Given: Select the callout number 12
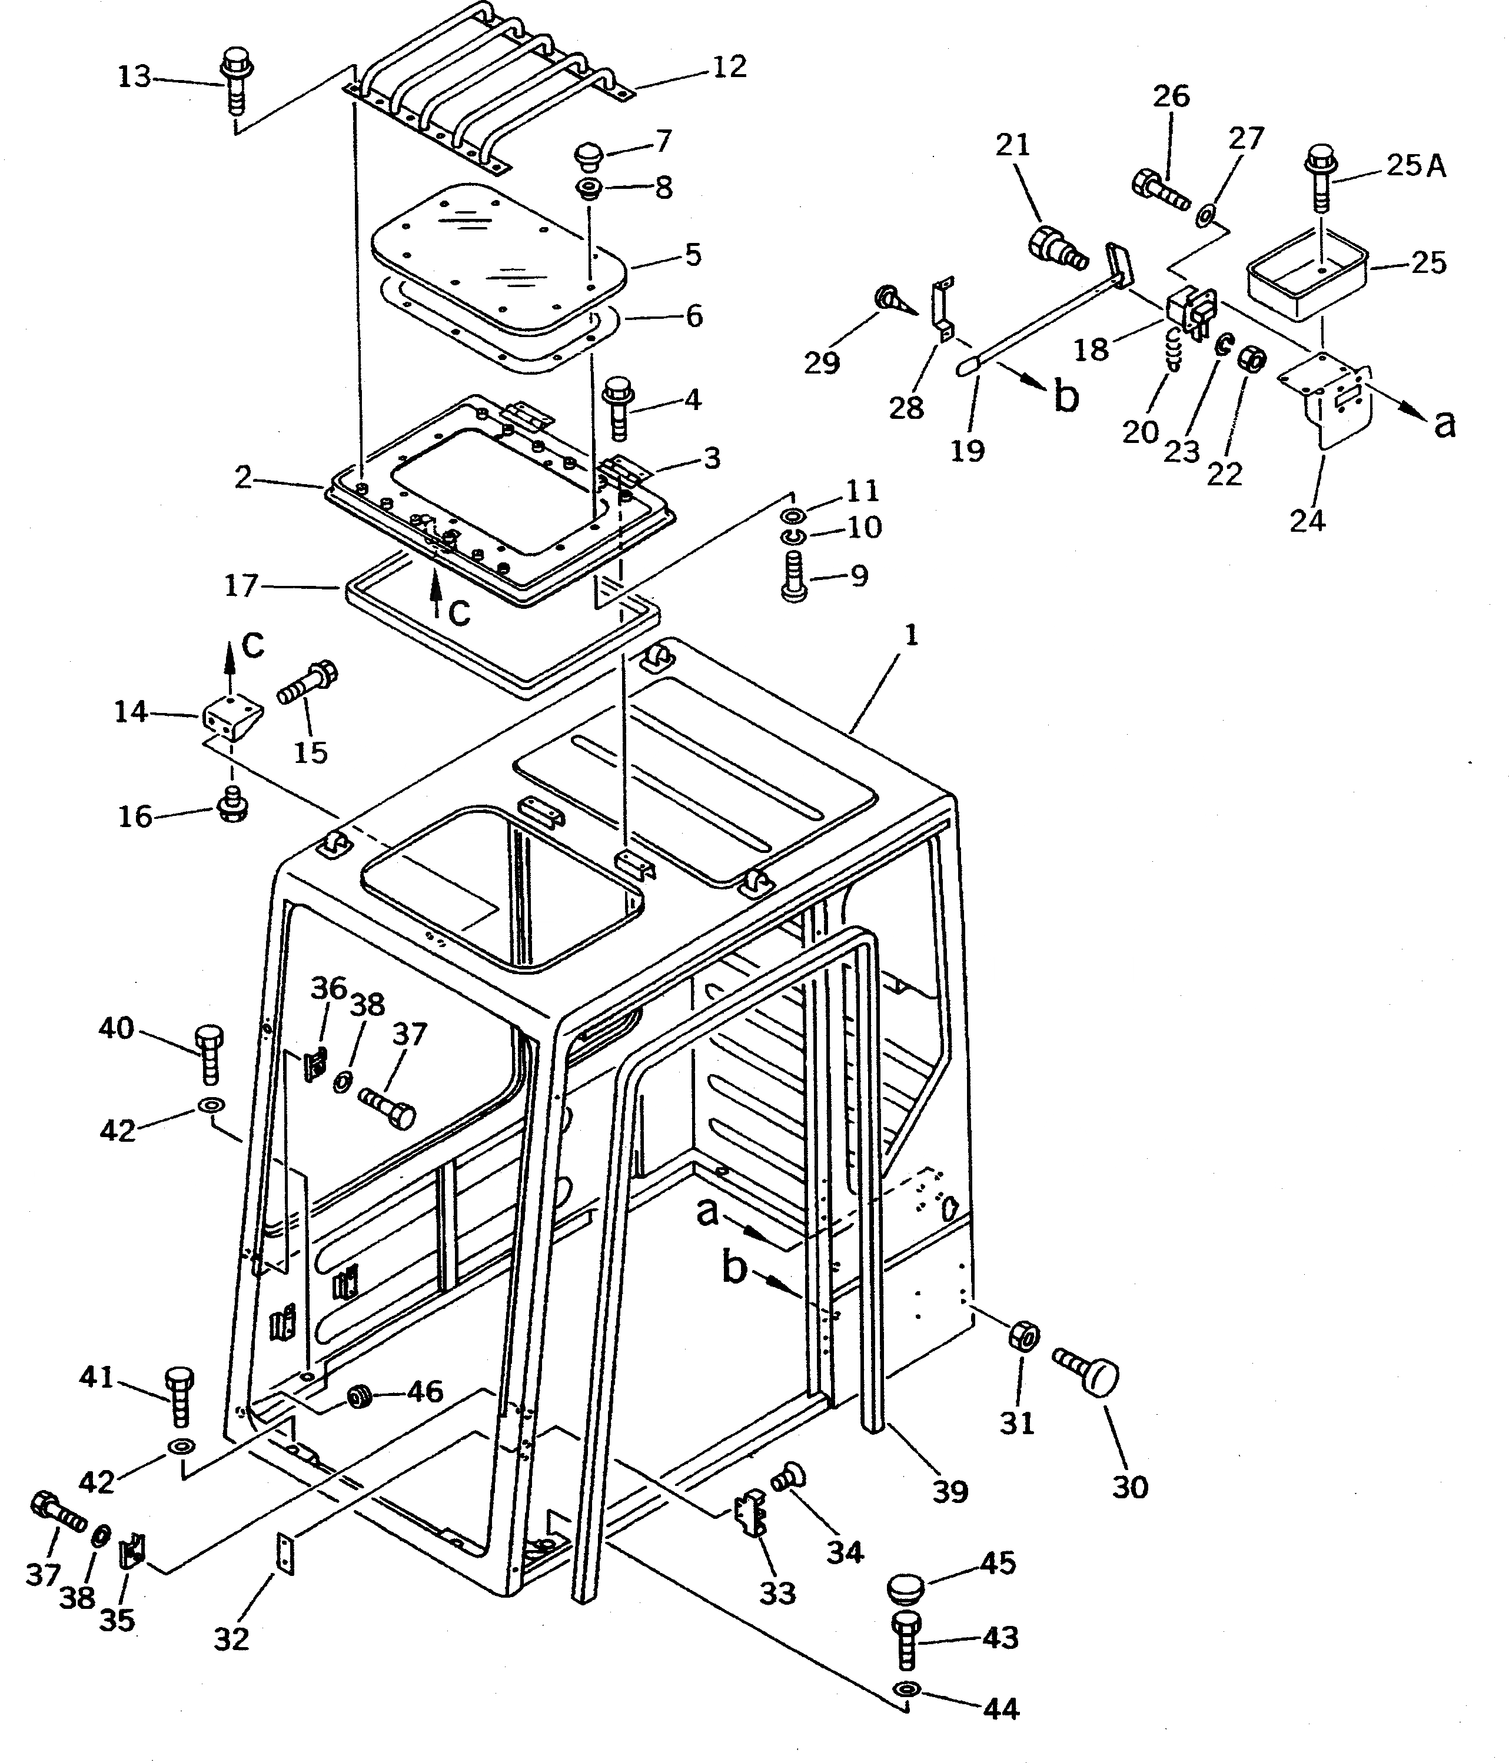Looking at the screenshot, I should pyautogui.click(x=729, y=67).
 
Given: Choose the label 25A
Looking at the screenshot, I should pyautogui.click(x=1415, y=165).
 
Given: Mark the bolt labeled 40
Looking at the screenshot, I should pyautogui.click(x=210, y=1054).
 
